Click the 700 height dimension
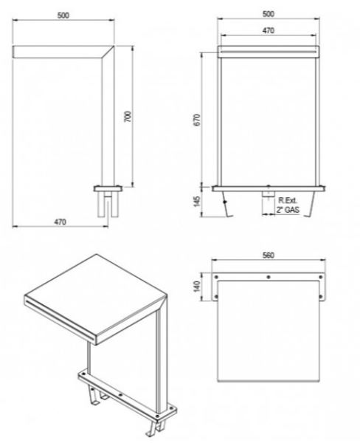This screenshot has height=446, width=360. tap(128, 117)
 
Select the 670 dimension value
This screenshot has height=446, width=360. tap(197, 120)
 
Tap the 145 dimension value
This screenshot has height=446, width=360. tap(197, 202)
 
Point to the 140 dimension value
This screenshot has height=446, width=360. tap(197, 287)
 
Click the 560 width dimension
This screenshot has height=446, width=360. tap(269, 255)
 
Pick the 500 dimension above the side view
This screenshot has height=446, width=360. tap(63, 16)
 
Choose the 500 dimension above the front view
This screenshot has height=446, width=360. tap(269, 14)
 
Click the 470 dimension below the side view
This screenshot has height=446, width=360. tap(60, 222)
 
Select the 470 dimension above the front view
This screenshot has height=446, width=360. tap(269, 30)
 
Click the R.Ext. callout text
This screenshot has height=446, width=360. tap(288, 200)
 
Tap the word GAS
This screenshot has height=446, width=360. tap(292, 210)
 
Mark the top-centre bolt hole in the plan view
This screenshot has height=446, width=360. tap(269, 277)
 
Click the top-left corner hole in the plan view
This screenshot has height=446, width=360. tap(216, 277)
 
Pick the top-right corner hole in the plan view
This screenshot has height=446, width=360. tap(321, 277)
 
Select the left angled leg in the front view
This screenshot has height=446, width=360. tap(226, 204)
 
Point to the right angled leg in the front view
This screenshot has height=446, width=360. tap(310, 204)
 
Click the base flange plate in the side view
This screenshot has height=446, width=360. tap(108, 188)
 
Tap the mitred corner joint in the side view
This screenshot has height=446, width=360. tap(108, 52)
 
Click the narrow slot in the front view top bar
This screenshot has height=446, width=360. tap(269, 52)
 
